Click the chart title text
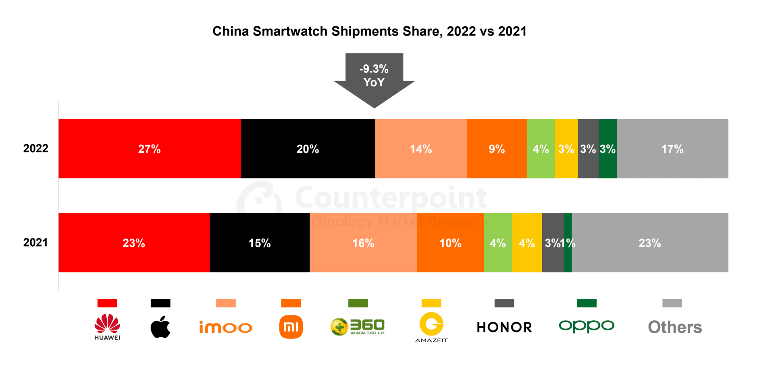click(369, 31)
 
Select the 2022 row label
click(35, 149)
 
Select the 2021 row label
click(35, 243)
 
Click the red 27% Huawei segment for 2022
click(150, 149)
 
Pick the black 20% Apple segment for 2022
click(308, 149)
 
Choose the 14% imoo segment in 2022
click(421, 149)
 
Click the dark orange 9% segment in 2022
click(497, 149)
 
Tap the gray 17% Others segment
click(672, 149)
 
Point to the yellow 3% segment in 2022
click(566, 149)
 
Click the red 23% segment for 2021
click(134, 243)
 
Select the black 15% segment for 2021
click(260, 243)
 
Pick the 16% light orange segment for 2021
click(363, 243)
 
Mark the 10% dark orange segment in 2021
click(450, 243)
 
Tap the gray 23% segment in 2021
click(650, 243)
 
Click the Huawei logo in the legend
click(107, 326)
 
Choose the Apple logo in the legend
click(160, 327)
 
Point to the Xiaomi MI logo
click(291, 327)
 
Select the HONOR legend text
click(504, 327)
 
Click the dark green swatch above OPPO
click(587, 303)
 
